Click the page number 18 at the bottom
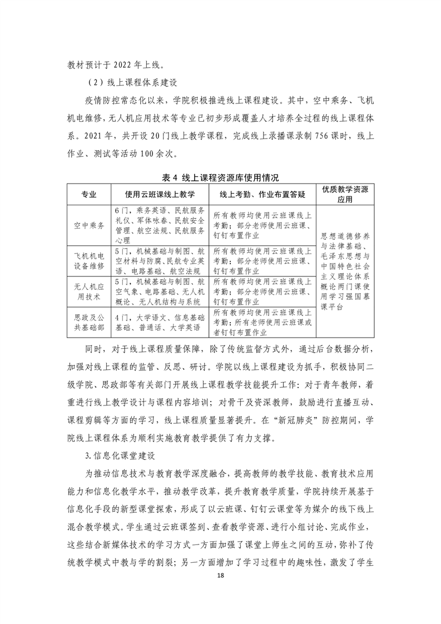(221, 591)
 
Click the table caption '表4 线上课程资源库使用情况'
(220, 177)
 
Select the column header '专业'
(89, 194)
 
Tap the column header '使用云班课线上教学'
(160, 194)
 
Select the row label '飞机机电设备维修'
(89, 260)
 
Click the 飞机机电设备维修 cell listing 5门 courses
(160, 260)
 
